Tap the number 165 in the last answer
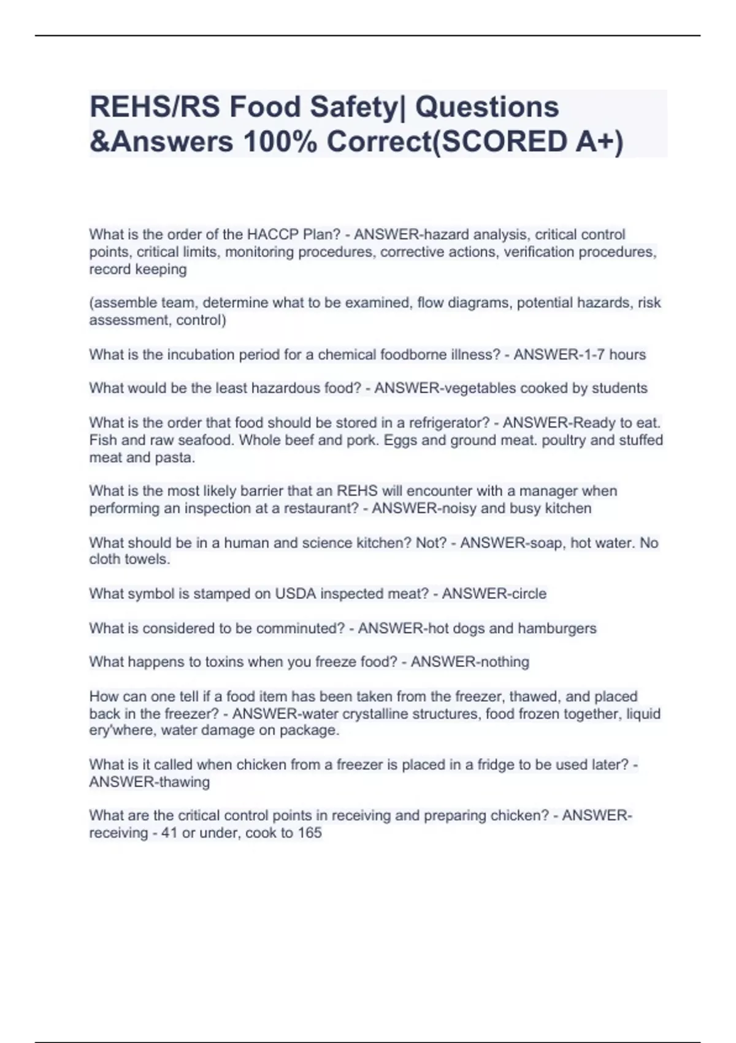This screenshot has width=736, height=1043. pos(310,833)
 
